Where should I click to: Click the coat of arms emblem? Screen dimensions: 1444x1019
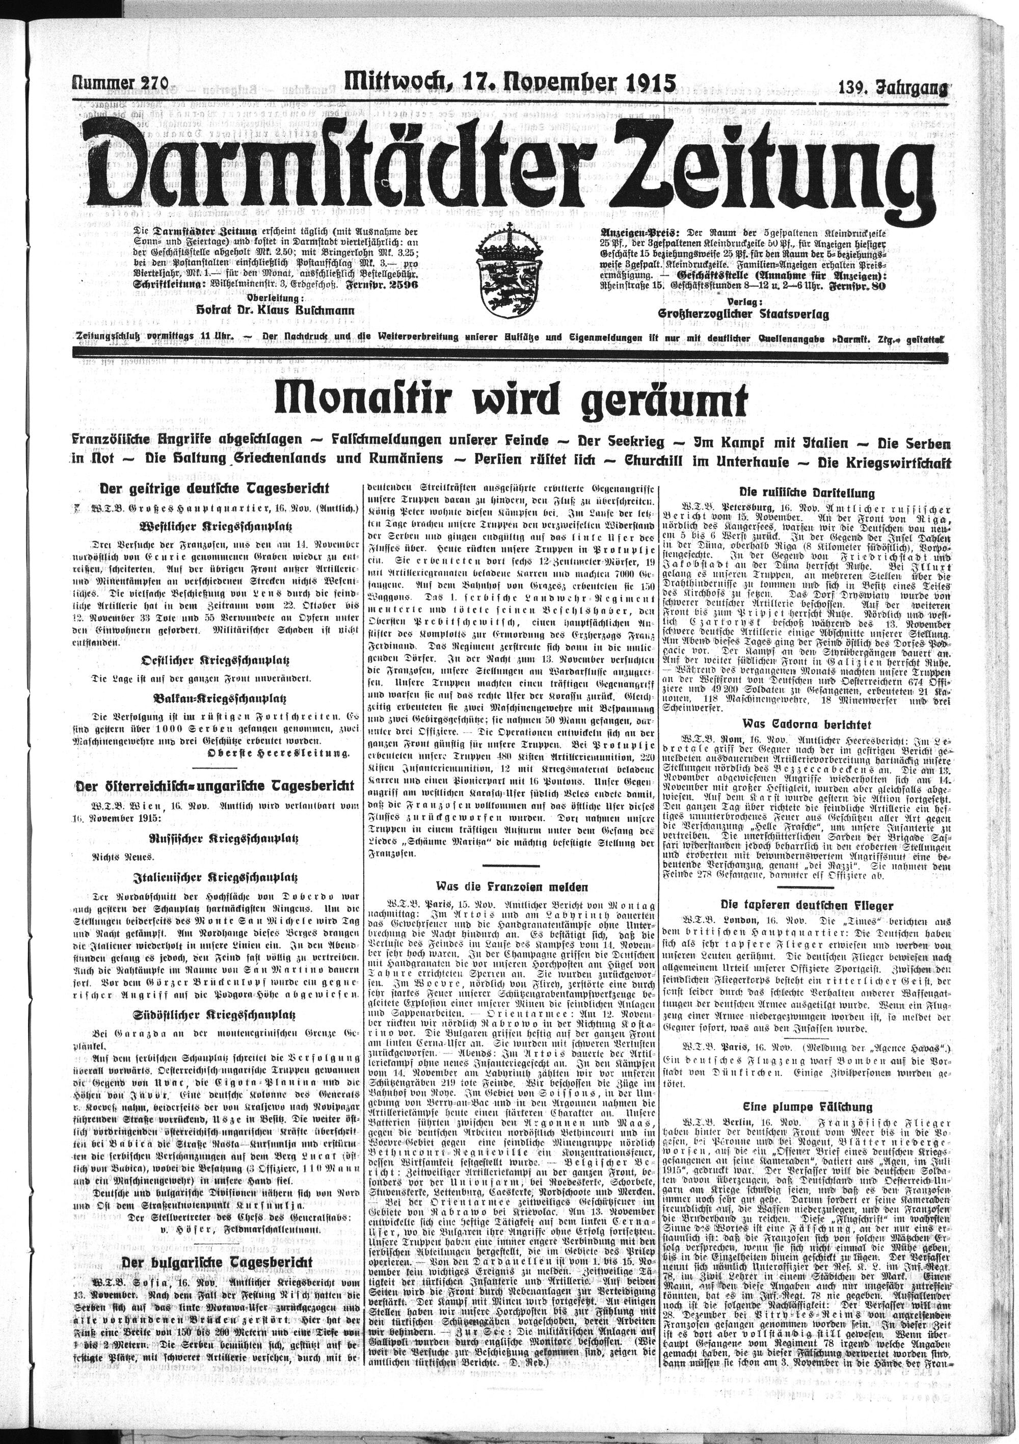pyautogui.click(x=509, y=272)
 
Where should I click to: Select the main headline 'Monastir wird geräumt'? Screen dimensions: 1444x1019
pyautogui.click(x=510, y=400)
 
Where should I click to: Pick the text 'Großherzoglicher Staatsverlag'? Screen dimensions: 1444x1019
pyautogui.click(x=743, y=314)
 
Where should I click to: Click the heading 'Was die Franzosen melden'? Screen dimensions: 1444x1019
pyautogui.click(x=513, y=887)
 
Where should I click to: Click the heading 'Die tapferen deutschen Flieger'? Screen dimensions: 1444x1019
pyautogui.click(x=807, y=905)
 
